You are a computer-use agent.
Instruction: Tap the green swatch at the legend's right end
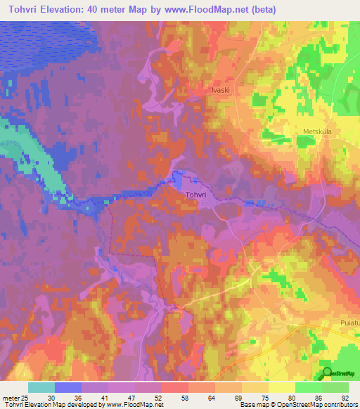pos(335,387)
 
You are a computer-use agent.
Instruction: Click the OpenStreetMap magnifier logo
pos(326,372)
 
